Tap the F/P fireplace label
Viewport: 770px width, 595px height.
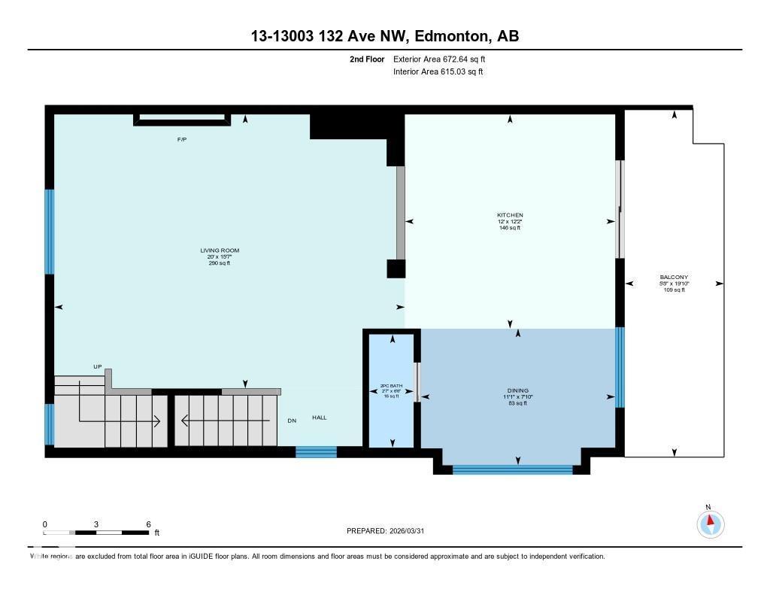tap(181, 140)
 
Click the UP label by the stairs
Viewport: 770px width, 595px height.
tap(97, 366)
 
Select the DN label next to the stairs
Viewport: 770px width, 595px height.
tap(292, 420)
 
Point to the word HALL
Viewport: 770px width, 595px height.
tap(320, 417)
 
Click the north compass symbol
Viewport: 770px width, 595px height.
tap(710, 524)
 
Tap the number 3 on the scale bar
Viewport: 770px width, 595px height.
tap(96, 524)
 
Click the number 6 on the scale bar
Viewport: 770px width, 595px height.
tap(148, 524)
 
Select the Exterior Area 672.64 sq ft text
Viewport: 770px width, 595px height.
tap(444, 59)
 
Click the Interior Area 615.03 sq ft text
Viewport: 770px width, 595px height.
tap(438, 72)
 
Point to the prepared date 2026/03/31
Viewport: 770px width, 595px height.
tap(412, 531)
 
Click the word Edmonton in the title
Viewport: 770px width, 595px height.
tap(448, 36)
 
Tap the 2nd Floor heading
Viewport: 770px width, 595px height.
tap(367, 59)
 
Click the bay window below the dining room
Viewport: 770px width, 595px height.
tap(512, 470)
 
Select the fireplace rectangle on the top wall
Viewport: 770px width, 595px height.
tap(181, 118)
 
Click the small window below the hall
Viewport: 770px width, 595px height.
tap(316, 451)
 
